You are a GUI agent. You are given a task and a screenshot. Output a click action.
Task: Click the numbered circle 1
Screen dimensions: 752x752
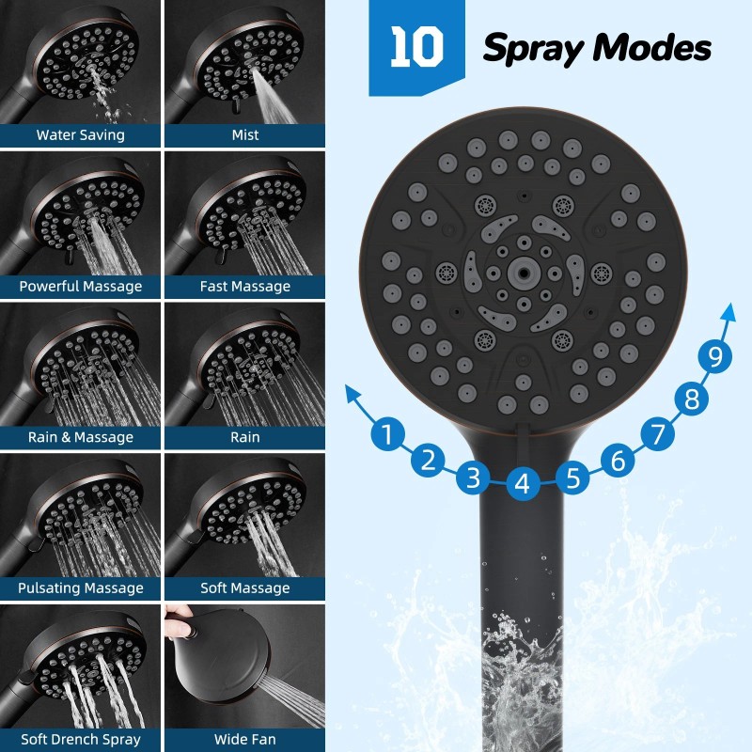pyautogui.click(x=384, y=435)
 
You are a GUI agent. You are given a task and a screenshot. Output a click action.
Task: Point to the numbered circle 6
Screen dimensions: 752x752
pyautogui.click(x=618, y=461)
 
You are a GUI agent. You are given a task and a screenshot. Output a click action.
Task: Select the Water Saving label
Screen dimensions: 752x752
pyautogui.click(x=81, y=135)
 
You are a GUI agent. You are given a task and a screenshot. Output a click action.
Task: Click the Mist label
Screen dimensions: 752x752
pyautogui.click(x=245, y=135)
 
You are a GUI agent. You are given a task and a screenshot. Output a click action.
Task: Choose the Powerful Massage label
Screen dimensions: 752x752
pyautogui.click(x=81, y=286)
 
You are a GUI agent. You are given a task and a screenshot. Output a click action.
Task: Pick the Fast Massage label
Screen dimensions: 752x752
pyautogui.click(x=245, y=286)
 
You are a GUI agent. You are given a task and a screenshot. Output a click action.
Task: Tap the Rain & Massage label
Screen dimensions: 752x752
pyautogui.click(x=81, y=437)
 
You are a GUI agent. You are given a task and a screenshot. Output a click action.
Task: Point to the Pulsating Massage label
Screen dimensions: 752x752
pyautogui.click(x=81, y=588)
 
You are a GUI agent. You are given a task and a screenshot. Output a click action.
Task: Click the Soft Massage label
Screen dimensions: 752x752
pyautogui.click(x=245, y=588)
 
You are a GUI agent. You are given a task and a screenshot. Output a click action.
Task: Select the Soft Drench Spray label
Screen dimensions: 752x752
pyautogui.click(x=81, y=740)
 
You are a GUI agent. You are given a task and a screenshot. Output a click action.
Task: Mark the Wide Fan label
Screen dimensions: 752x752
pyautogui.click(x=245, y=740)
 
